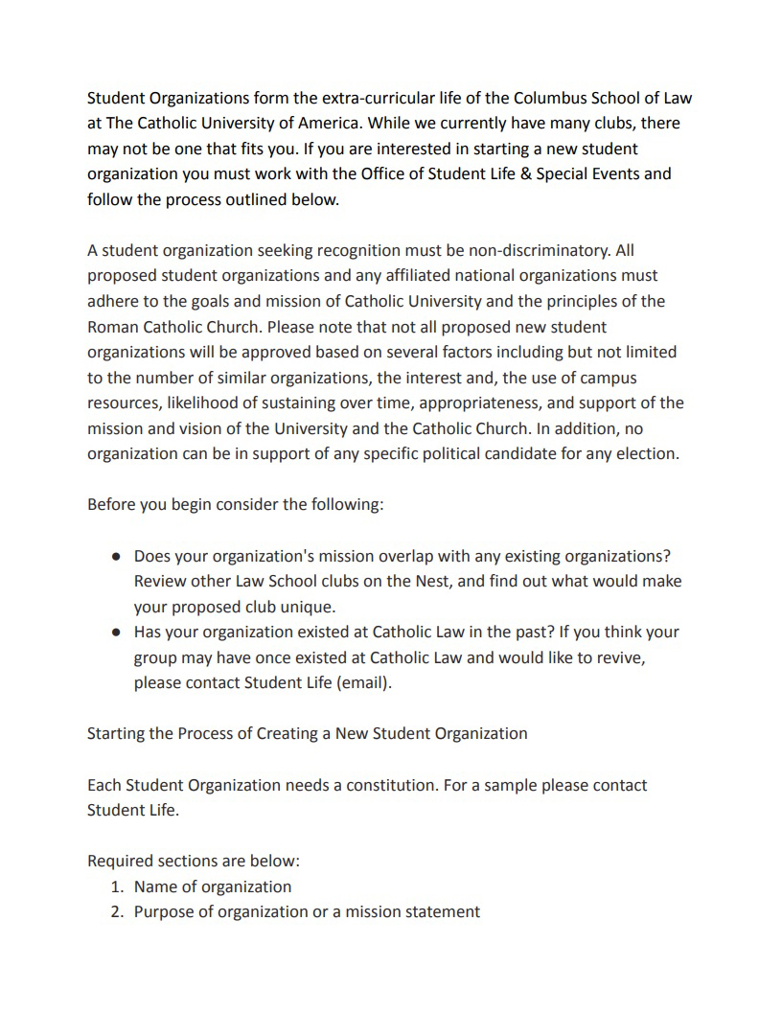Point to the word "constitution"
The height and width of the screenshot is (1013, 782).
381,785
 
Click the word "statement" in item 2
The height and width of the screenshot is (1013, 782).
441,911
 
